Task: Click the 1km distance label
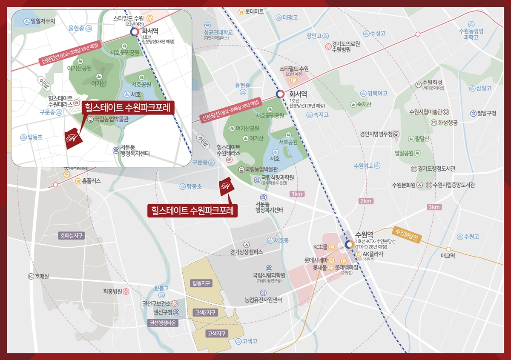click(297, 194)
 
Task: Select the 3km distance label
click(434, 207)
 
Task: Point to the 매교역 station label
click(448, 256)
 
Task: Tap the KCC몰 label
click(320, 247)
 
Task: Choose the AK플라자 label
click(373, 254)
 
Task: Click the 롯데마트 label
click(254, 12)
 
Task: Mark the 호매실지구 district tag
click(71, 235)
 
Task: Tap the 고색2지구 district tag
click(205, 312)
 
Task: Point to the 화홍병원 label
click(113, 291)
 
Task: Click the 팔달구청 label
click(486, 113)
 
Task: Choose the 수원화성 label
click(432, 82)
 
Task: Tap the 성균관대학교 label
click(218, 32)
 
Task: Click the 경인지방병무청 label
click(376, 134)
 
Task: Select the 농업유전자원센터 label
click(264, 300)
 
